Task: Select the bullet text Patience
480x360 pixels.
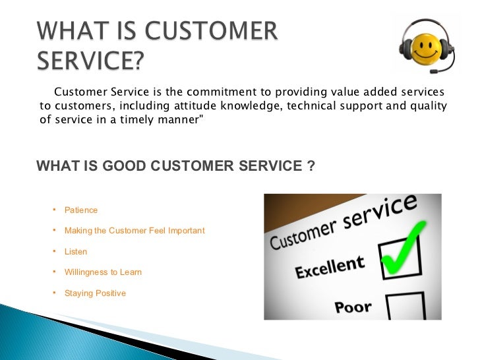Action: [81, 210]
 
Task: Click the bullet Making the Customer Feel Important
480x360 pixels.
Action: [135, 231]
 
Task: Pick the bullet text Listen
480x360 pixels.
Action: [76, 252]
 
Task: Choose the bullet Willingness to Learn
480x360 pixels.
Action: [103, 272]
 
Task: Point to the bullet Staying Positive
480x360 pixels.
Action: [95, 293]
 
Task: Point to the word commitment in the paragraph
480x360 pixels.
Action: [215, 92]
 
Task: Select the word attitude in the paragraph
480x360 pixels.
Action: [198, 107]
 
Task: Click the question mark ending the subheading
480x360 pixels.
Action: [311, 166]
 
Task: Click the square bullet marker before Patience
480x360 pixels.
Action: [53, 210]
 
